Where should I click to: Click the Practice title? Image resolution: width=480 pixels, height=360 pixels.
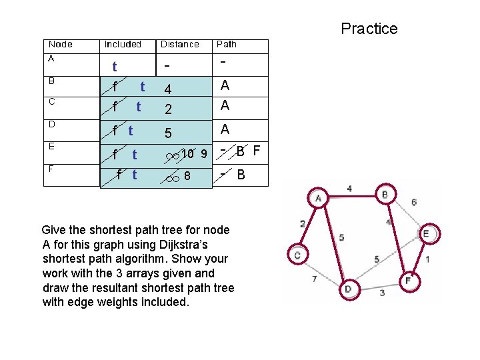(369, 29)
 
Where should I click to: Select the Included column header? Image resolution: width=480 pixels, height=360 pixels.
(123, 45)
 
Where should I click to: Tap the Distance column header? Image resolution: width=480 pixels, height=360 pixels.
(179, 45)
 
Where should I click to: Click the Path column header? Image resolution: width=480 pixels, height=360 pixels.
(227, 45)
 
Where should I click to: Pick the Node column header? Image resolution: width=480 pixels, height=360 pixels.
(61, 45)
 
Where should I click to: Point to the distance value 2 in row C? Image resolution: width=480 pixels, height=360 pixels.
(168, 109)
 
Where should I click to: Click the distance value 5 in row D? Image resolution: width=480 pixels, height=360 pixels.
(168, 133)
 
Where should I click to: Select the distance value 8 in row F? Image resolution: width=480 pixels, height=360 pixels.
(187, 177)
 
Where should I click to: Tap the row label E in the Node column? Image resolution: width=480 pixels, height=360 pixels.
(51, 145)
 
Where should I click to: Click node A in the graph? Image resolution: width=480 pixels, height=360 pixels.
(318, 198)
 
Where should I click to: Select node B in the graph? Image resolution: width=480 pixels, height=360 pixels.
(385, 195)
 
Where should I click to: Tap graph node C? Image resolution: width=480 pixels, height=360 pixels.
(297, 254)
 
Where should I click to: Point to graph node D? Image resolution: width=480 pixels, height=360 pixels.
(347, 289)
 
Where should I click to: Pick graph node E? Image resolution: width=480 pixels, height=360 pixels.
(426, 233)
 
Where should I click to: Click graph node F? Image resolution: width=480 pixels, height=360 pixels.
(408, 281)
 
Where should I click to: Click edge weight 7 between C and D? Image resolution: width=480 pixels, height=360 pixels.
(314, 279)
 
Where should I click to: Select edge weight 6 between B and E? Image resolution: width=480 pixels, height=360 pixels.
(413, 202)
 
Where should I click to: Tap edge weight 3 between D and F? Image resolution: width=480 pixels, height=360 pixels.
(382, 293)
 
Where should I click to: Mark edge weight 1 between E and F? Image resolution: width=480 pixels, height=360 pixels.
(427, 258)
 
